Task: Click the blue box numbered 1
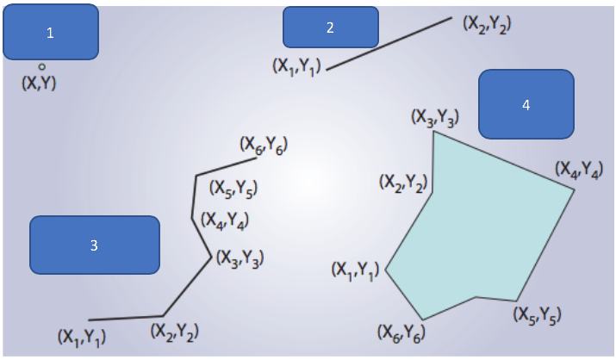50,33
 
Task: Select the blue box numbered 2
330,28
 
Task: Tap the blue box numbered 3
95,245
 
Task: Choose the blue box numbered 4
526,104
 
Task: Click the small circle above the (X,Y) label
41,66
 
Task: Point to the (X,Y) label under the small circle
39,84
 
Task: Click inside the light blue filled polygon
482,233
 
